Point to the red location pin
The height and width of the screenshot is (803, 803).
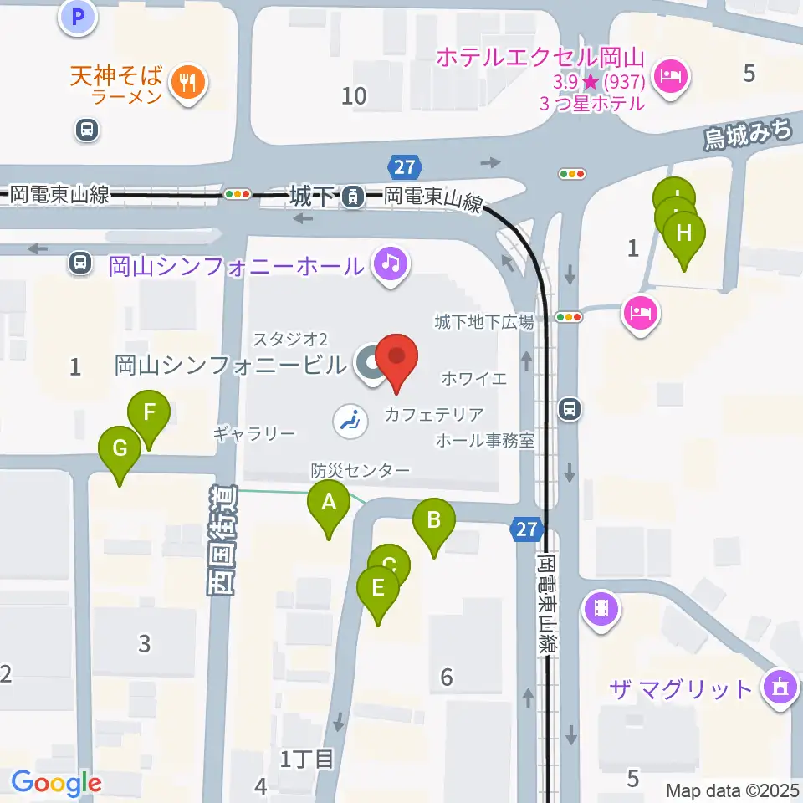pyautogui.click(x=396, y=358)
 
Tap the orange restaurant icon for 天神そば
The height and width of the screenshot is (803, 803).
pyautogui.click(x=184, y=82)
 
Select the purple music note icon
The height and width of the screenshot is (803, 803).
pyautogui.click(x=390, y=264)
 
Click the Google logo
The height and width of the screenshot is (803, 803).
pyautogui.click(x=56, y=783)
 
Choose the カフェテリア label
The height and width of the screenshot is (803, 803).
pyautogui.click(x=434, y=414)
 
